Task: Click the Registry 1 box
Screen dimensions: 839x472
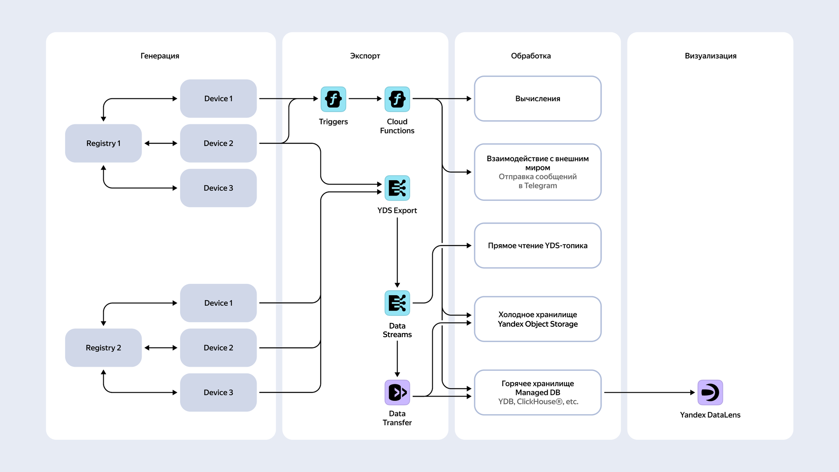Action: point(103,143)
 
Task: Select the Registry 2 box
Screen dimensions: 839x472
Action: point(103,348)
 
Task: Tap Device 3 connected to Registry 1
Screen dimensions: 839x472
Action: point(218,188)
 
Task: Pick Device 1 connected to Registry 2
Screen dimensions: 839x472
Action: point(218,303)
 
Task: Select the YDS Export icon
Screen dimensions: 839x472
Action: point(397,188)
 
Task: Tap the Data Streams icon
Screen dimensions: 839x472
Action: point(397,303)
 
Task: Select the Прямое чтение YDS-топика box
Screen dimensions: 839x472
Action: point(538,246)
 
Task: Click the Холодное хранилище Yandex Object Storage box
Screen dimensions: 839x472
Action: point(538,319)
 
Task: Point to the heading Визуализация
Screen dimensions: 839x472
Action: point(710,56)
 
